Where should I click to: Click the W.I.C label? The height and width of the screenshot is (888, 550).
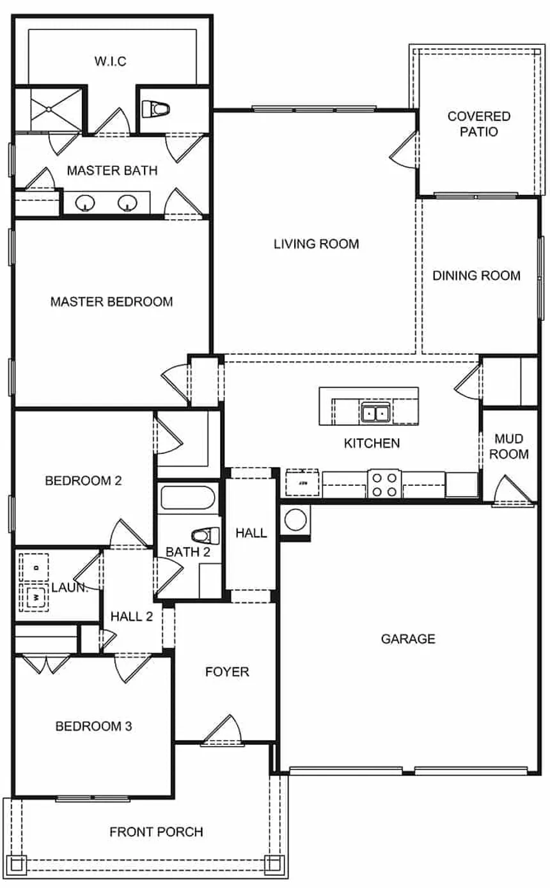(x=111, y=61)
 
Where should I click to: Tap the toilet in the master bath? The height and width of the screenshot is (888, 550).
(x=158, y=109)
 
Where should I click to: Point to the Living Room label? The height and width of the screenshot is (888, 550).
(x=316, y=244)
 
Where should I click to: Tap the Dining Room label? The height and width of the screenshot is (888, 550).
(x=476, y=276)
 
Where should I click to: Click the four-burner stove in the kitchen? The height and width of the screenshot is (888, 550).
(x=384, y=484)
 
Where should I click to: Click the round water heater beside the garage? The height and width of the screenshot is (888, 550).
(x=296, y=519)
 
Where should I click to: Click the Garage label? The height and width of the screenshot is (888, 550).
(x=408, y=639)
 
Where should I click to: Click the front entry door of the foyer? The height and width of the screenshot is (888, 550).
(x=221, y=732)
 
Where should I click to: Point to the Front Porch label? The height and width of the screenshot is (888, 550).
(x=156, y=832)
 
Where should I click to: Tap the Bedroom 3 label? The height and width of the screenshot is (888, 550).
(x=93, y=726)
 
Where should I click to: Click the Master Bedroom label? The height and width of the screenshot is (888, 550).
(x=111, y=301)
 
